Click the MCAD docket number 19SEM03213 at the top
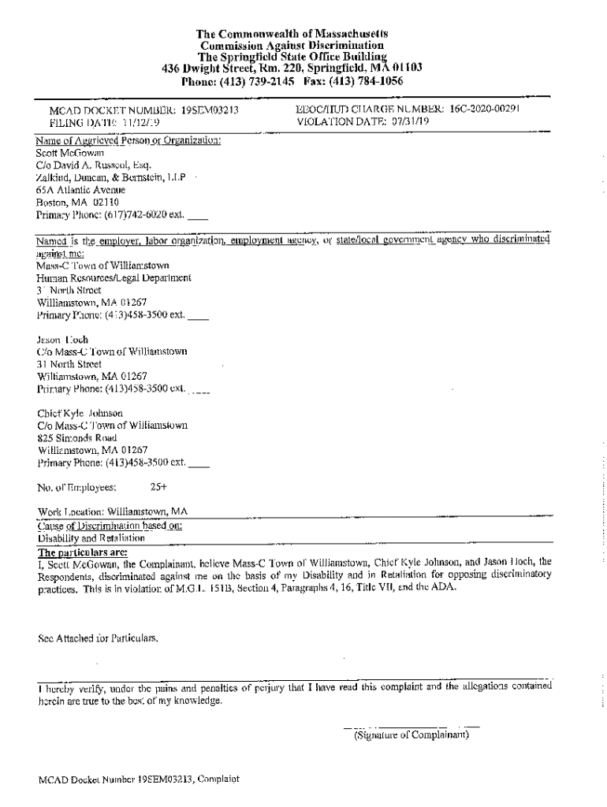point(210,111)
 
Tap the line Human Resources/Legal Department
point(114,277)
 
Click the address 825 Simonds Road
point(77,437)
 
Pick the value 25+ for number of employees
point(158,487)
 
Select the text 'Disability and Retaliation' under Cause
point(91,539)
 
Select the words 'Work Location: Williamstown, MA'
point(113,511)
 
